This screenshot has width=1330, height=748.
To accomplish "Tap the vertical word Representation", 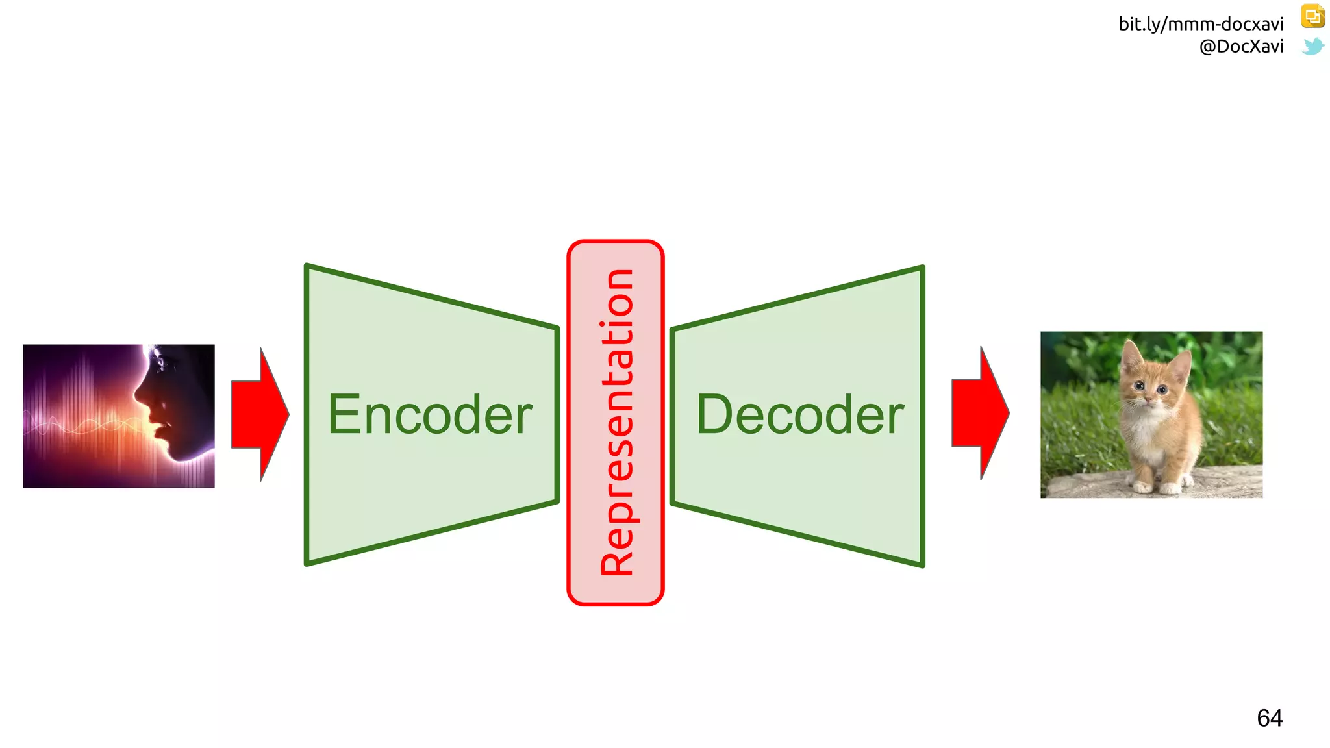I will (x=616, y=422).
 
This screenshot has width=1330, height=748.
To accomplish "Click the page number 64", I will (x=1270, y=718).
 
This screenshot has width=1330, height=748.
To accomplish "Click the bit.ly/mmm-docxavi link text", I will (x=1201, y=24).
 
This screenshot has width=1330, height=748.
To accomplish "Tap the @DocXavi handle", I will (x=1241, y=46).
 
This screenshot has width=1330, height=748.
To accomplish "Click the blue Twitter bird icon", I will (x=1312, y=46).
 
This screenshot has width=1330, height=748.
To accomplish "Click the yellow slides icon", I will (x=1312, y=16).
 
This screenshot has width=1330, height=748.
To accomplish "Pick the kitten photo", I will (x=1151, y=415).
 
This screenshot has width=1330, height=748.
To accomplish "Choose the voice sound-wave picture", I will (x=119, y=416).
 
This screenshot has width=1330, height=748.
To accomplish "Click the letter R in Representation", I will (x=616, y=560).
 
